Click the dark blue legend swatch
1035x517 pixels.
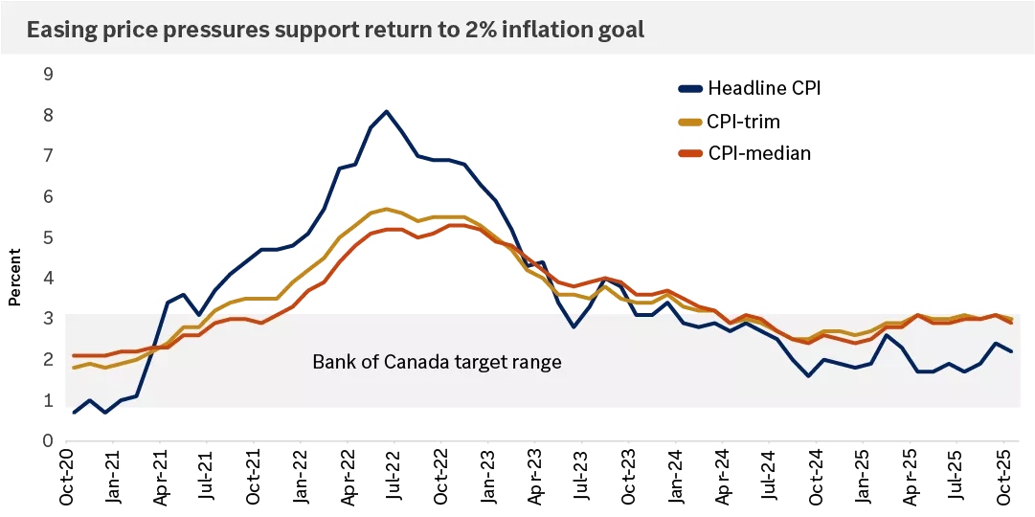click(690, 89)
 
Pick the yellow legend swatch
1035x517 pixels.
click(690, 122)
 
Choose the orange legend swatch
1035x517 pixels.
click(690, 153)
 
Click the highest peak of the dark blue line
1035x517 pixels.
click(386, 111)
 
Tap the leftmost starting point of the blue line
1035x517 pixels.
click(74, 413)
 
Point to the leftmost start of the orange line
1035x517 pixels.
click(74, 356)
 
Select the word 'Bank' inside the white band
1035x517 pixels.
click(331, 363)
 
